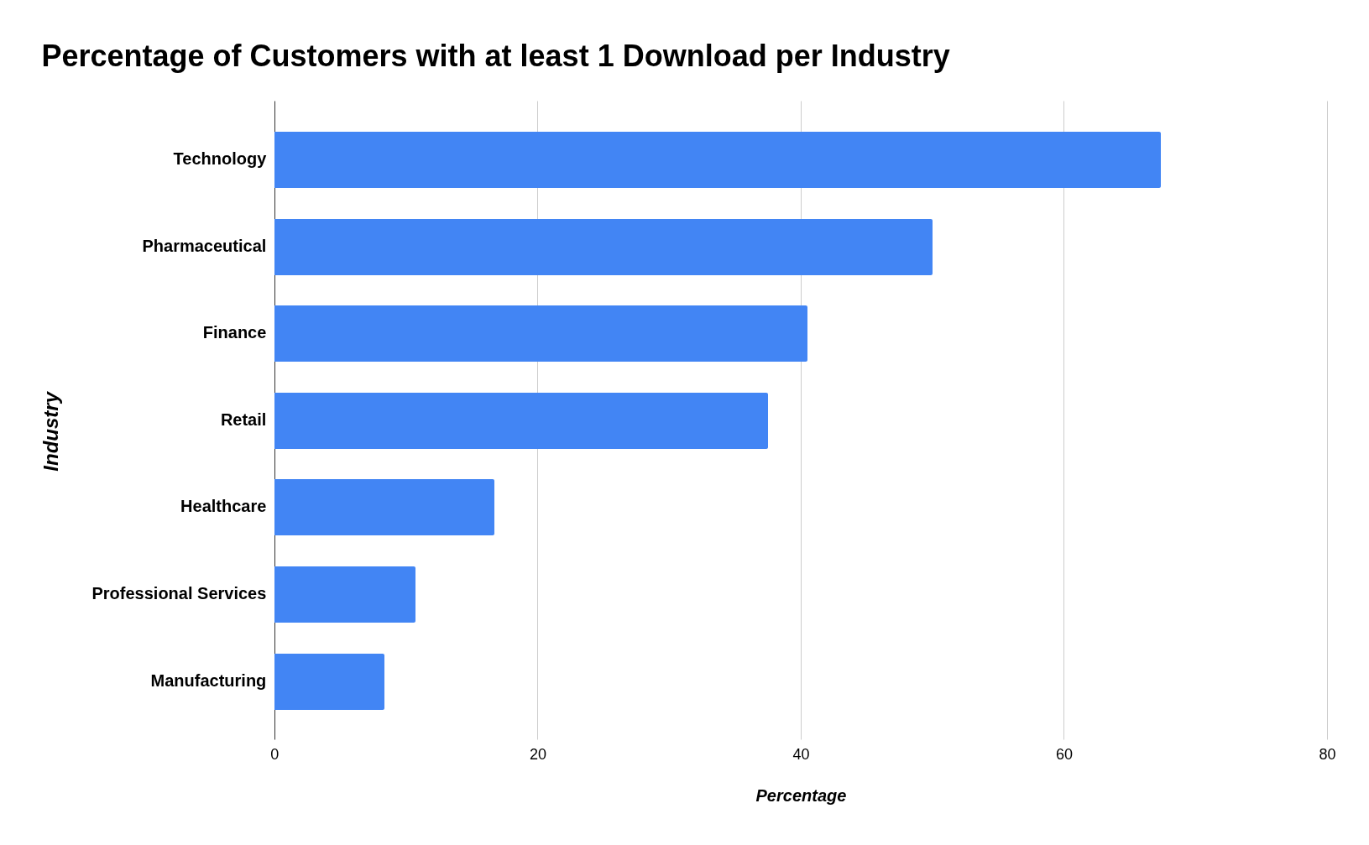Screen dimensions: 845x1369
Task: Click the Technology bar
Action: [x=717, y=159]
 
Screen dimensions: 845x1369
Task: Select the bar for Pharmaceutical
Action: [x=603, y=247]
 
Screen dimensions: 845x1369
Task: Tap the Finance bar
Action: [x=541, y=333]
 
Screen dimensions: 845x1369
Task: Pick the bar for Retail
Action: [x=520, y=420]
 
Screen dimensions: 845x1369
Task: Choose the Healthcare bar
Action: [x=384, y=507]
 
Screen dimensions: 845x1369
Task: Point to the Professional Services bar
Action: [x=344, y=594]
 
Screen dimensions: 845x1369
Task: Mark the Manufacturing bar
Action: [x=329, y=681]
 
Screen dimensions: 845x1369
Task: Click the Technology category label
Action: [x=219, y=159]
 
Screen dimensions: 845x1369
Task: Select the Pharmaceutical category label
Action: [x=203, y=246]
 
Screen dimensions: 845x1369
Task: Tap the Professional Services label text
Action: [x=178, y=593]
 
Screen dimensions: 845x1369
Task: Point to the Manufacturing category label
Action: [x=207, y=681]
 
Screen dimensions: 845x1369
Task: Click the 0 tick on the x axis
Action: [x=274, y=754]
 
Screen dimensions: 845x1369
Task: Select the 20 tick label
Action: [x=537, y=754]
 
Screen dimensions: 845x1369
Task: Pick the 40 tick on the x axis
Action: [x=801, y=754]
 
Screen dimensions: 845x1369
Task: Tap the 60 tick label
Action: [x=1063, y=754]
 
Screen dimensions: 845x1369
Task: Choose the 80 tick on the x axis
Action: [x=1327, y=754]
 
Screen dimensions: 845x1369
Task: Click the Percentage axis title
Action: [x=801, y=795]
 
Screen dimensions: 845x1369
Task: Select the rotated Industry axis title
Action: [x=51, y=430]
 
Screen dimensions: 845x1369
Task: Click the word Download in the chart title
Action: [x=694, y=56]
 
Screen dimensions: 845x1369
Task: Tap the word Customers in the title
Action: [x=327, y=56]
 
